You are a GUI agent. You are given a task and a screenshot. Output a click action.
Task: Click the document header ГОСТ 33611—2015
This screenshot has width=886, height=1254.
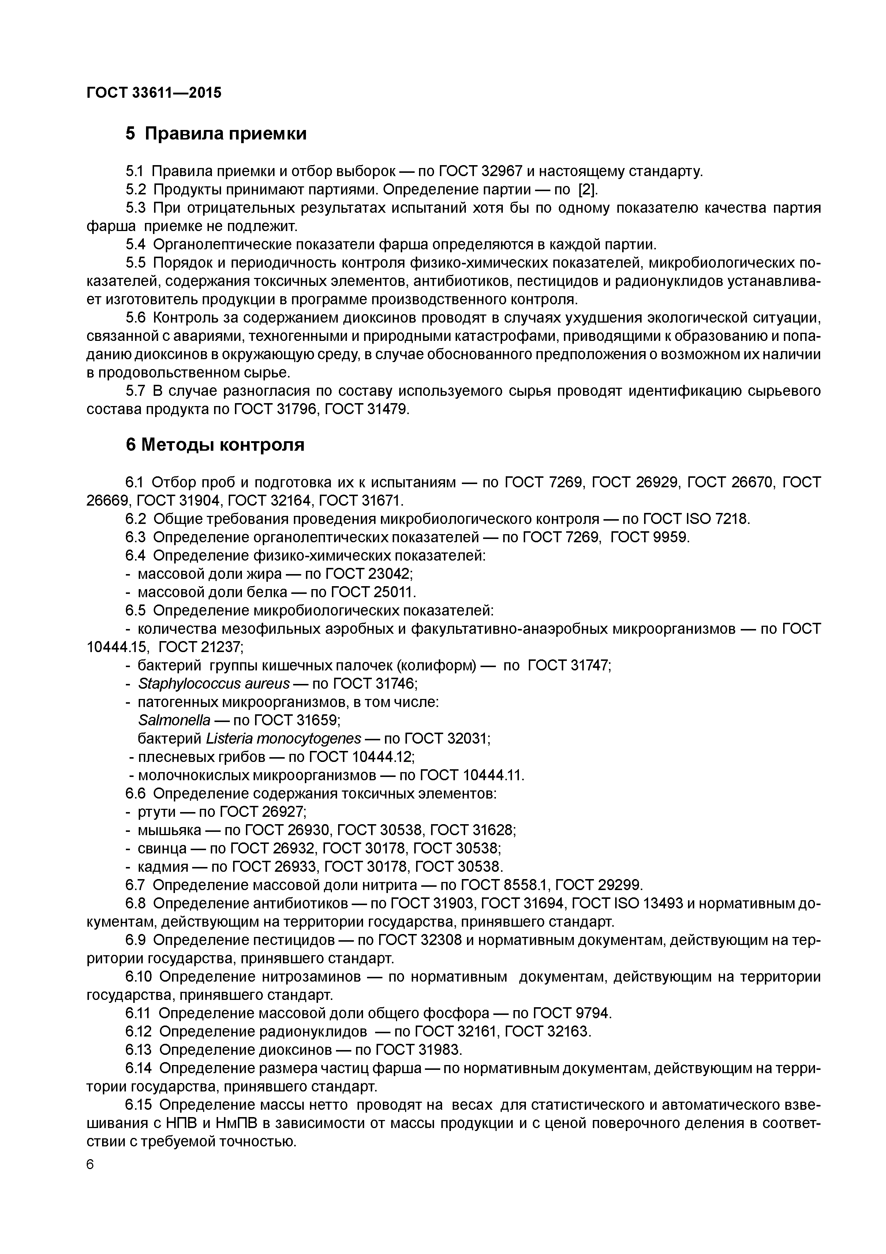click(154, 93)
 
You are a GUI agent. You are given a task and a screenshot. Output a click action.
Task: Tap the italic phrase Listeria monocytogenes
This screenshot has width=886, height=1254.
click(283, 738)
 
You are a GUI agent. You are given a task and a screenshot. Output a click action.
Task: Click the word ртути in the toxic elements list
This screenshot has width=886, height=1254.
click(156, 812)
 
